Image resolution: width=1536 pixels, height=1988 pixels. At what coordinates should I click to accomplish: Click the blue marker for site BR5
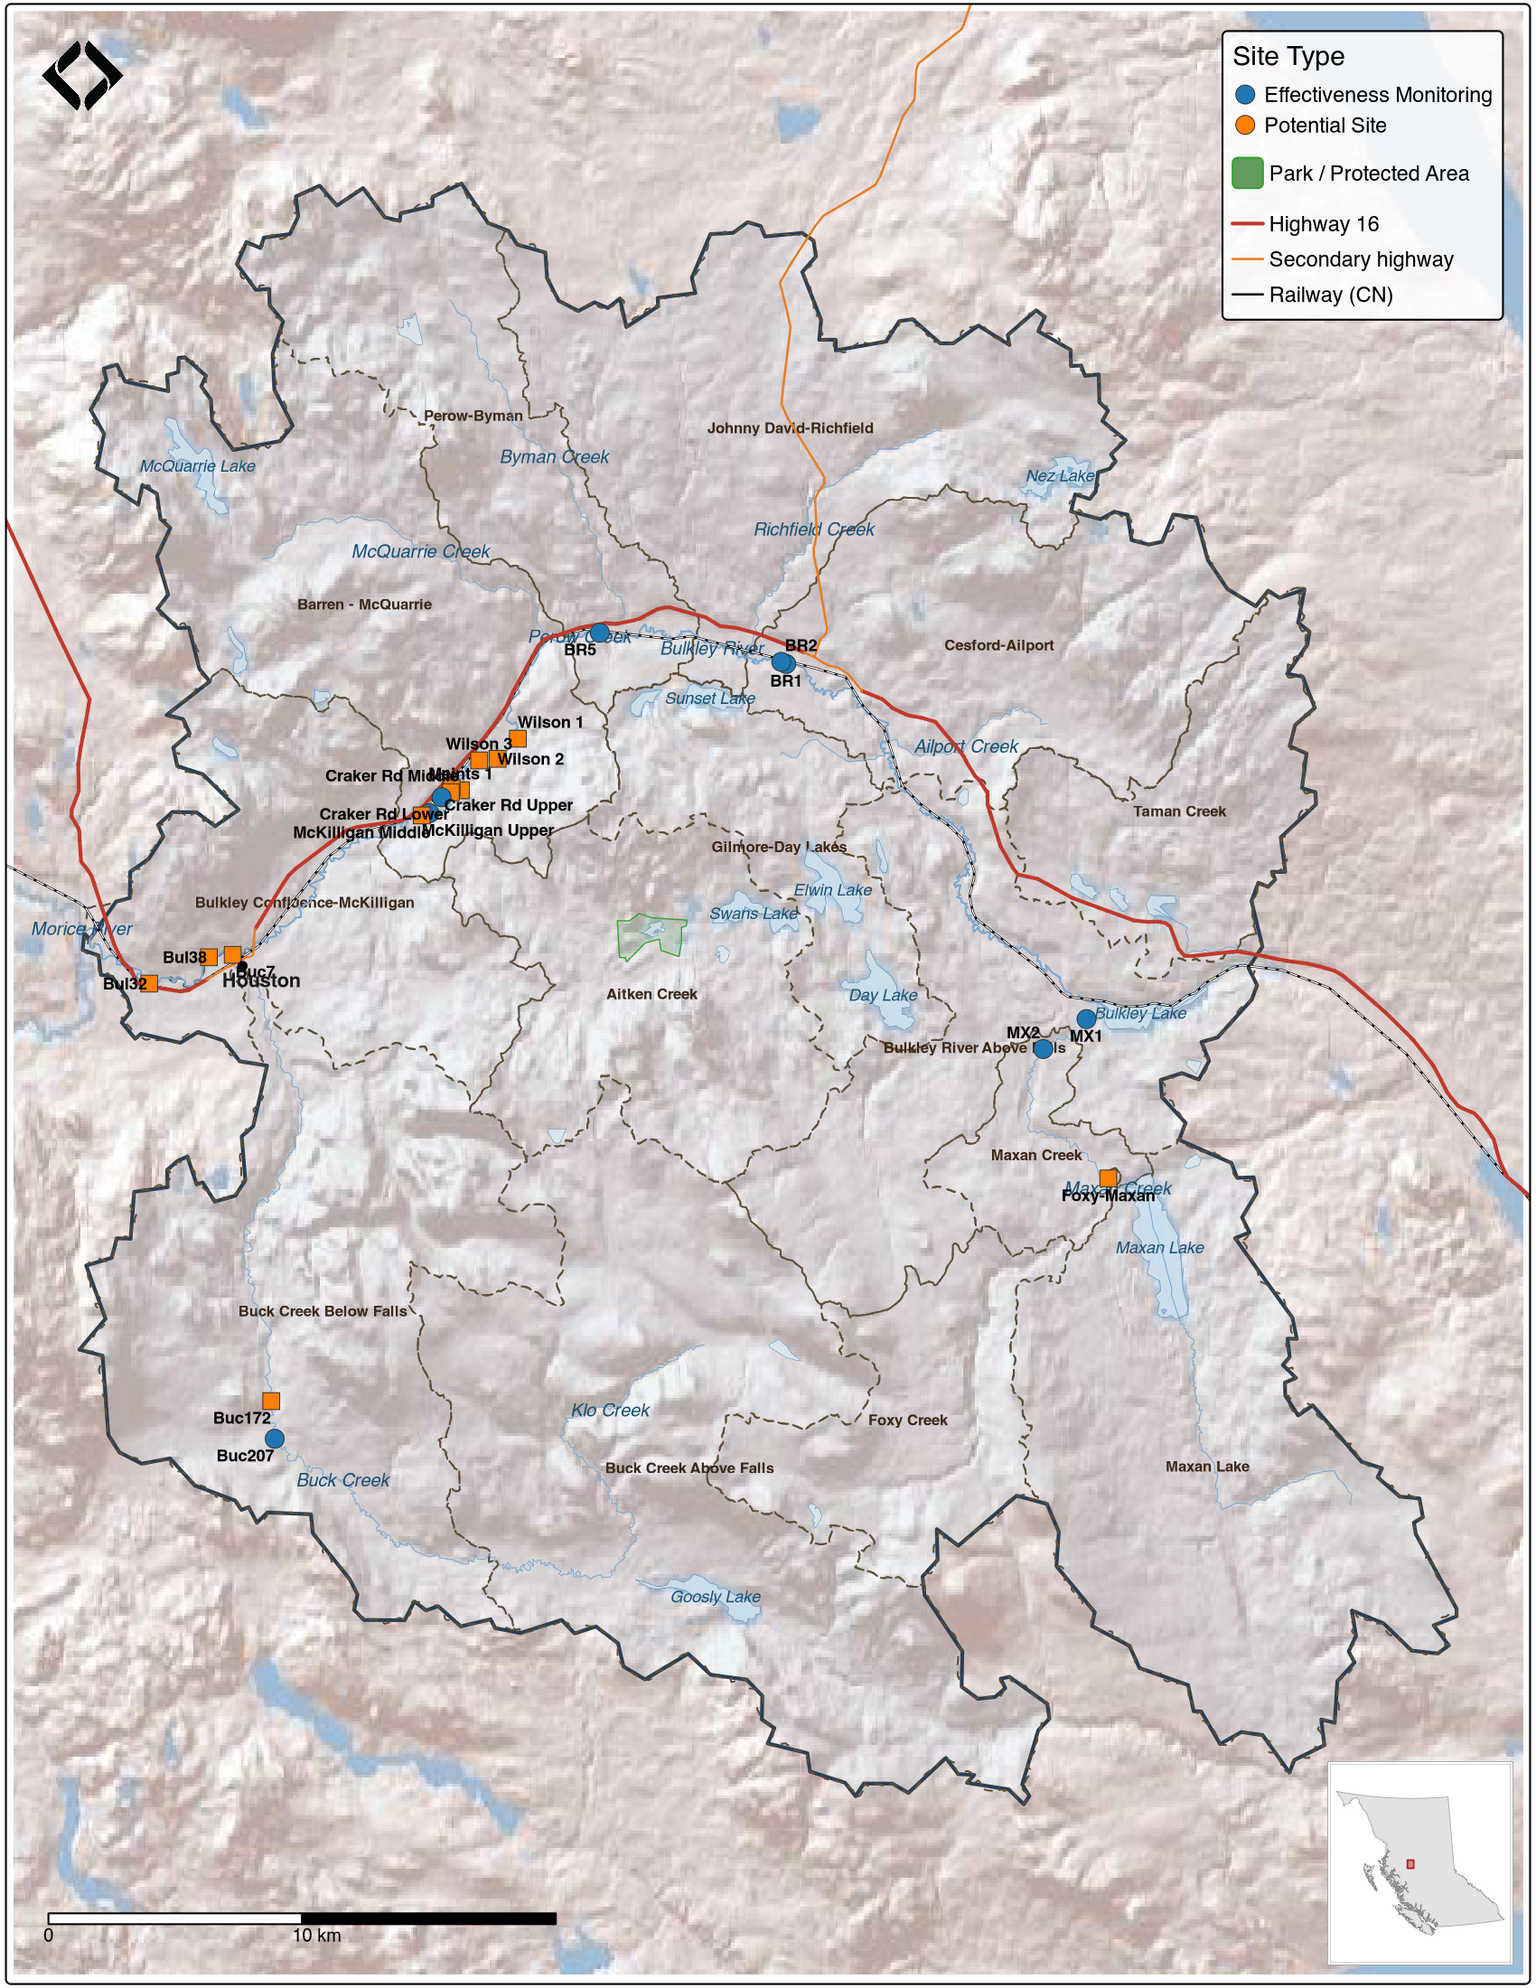click(x=599, y=633)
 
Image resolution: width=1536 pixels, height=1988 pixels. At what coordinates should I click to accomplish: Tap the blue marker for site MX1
click(x=1085, y=1018)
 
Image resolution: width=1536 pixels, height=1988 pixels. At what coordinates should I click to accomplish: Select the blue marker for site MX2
click(x=1043, y=1048)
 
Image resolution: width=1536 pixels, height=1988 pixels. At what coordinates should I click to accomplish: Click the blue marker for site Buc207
click(x=274, y=1439)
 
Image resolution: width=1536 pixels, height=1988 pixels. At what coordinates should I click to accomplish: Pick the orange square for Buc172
click(x=271, y=1401)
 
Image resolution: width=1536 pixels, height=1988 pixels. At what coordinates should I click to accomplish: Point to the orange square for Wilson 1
click(x=517, y=738)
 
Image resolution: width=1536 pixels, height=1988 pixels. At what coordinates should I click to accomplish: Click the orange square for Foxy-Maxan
click(x=1108, y=1177)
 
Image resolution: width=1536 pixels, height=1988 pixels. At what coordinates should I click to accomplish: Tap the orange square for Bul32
click(x=149, y=983)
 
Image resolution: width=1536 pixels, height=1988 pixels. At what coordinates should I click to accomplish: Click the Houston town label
click(x=261, y=981)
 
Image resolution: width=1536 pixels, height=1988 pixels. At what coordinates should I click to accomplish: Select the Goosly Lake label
click(x=716, y=1597)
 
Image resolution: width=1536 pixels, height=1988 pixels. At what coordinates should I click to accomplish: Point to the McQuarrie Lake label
click(x=198, y=466)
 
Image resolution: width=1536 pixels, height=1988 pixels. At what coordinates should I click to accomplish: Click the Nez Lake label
click(x=1060, y=476)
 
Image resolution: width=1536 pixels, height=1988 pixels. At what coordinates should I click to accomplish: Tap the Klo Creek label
click(x=610, y=1410)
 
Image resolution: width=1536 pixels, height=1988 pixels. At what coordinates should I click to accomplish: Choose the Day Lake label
click(x=883, y=995)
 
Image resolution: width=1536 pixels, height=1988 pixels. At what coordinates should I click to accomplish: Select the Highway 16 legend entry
click(x=1323, y=224)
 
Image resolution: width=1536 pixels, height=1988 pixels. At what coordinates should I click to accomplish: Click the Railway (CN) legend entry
click(x=1329, y=295)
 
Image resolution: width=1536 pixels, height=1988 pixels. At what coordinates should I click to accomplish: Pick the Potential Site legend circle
click(x=1245, y=126)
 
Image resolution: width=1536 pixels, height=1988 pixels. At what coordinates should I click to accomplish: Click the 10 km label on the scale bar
click(x=315, y=1936)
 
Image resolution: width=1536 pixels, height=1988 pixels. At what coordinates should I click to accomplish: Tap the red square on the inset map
click(x=1410, y=1864)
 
